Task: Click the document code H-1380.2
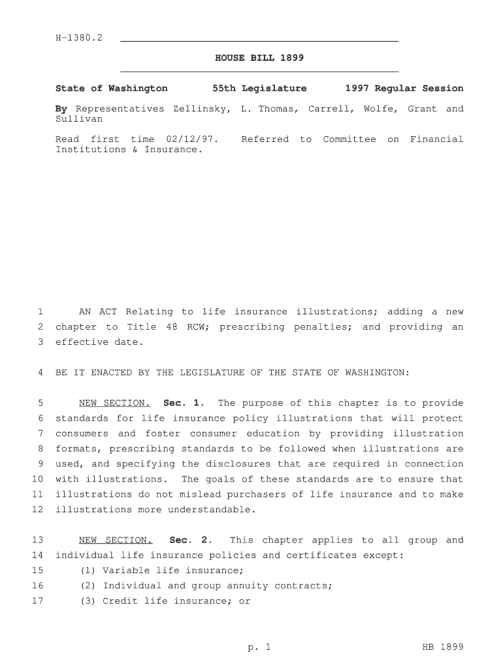79,38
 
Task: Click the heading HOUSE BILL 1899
259,58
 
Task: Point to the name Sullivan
79,120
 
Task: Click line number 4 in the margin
40,373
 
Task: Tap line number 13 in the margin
37,540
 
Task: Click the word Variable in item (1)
127,571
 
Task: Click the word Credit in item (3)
120,601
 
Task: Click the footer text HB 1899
443,648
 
